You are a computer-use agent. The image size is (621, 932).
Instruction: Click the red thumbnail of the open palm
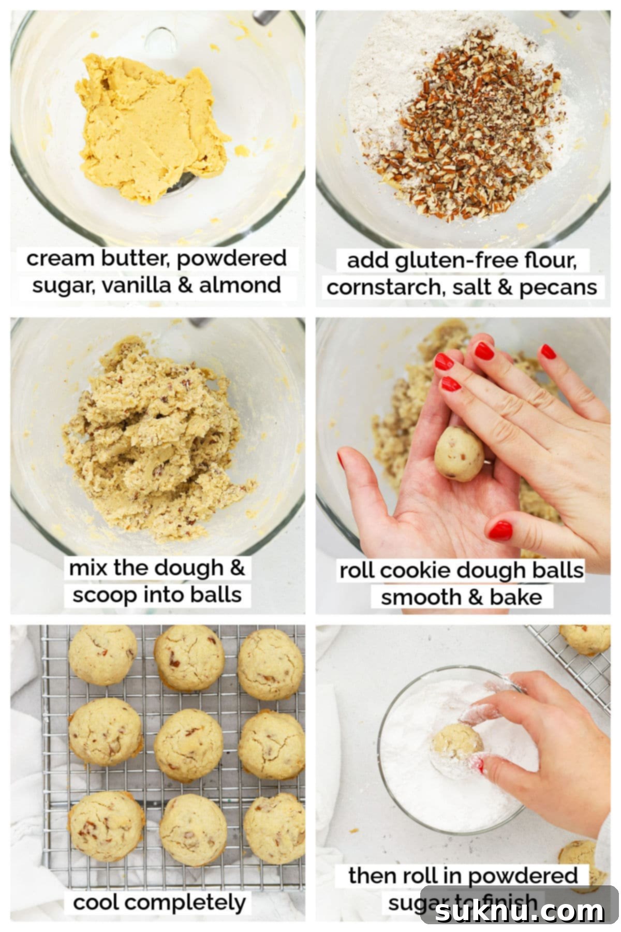pos(341,460)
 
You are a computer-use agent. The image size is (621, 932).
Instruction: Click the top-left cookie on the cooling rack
pos(103,655)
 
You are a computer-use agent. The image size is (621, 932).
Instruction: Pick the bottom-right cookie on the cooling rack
pos(275,827)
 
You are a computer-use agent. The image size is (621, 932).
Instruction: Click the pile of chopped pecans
pos(466,135)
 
